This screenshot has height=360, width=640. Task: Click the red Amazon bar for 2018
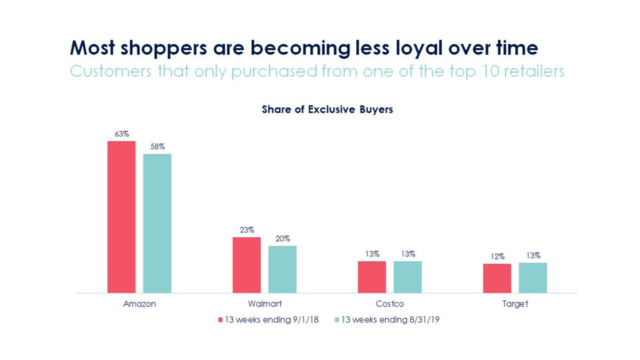tap(121, 217)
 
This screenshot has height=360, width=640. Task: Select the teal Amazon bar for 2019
tap(157, 223)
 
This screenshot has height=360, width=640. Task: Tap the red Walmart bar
tap(246, 265)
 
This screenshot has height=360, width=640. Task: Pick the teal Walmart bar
tap(282, 269)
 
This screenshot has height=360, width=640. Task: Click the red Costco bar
tap(372, 277)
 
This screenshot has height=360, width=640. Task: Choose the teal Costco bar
tap(407, 277)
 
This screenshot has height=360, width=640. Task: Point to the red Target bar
tap(497, 278)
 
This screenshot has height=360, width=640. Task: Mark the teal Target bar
tap(533, 277)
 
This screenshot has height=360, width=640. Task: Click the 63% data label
tap(121, 134)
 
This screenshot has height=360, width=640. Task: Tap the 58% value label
tap(157, 147)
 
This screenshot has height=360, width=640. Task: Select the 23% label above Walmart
tap(246, 230)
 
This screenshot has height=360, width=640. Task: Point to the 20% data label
tap(282, 238)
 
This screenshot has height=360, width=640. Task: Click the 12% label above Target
tap(497, 257)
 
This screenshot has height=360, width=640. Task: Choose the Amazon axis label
tap(139, 304)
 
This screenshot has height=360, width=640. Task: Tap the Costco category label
tap(390, 304)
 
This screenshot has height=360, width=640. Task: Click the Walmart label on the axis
tap(265, 304)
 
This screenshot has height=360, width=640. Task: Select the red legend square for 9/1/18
tap(220, 320)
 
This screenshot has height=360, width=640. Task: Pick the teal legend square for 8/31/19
tap(337, 320)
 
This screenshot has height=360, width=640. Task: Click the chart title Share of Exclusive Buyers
tap(327, 109)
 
